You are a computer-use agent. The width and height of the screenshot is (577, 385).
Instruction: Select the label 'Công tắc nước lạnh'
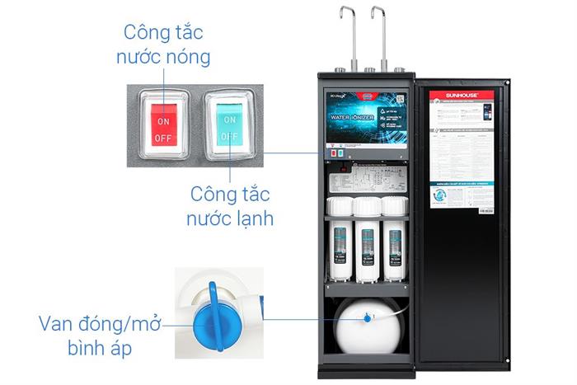232,207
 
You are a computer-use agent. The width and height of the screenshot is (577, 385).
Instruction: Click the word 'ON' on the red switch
162,120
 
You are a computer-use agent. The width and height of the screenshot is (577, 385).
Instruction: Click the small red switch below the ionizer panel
332,153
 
